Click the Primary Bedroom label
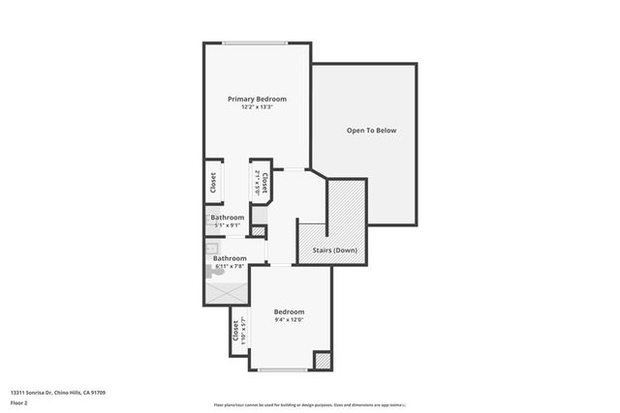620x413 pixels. (257, 99)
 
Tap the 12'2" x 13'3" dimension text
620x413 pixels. (257, 106)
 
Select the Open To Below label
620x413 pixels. (372, 131)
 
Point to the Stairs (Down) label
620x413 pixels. (333, 251)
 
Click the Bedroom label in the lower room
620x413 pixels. (289, 311)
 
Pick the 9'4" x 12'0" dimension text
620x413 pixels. (289, 319)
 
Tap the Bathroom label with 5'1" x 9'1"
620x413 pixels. (228, 218)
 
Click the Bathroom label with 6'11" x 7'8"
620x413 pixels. (230, 258)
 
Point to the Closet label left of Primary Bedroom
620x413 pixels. (212, 182)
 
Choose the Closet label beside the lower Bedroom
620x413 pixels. (236, 330)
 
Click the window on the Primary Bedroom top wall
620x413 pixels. (255, 43)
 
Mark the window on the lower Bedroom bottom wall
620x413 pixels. (283, 369)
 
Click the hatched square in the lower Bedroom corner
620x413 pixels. (322, 360)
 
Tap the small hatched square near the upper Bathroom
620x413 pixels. (258, 230)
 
